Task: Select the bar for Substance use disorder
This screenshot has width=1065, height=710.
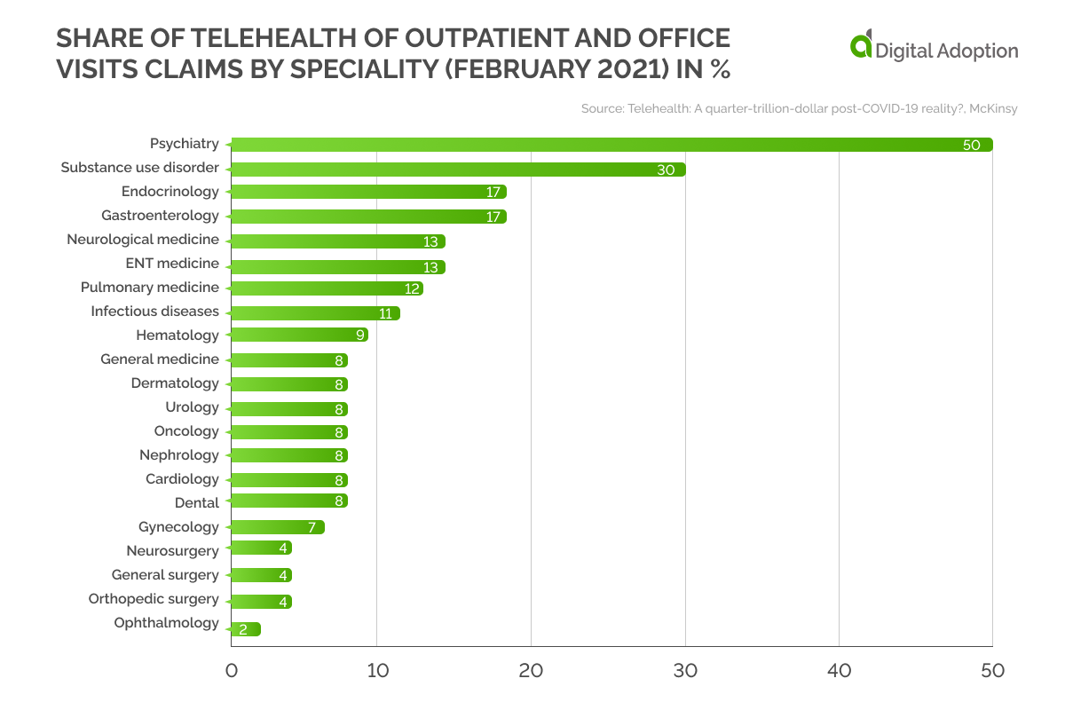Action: (x=457, y=169)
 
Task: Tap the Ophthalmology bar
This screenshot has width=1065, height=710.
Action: (x=245, y=629)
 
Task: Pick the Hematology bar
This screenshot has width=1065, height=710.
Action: (x=299, y=335)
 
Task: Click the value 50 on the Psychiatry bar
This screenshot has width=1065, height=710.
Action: (x=971, y=145)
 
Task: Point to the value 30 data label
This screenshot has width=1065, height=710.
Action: (x=666, y=170)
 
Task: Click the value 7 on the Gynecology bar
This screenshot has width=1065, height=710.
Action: (x=312, y=527)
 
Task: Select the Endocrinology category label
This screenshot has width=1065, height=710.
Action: (x=170, y=191)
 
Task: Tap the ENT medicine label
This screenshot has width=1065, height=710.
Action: (x=172, y=263)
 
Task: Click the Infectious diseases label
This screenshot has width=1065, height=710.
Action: (x=154, y=311)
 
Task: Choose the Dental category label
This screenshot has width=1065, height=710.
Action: (x=196, y=502)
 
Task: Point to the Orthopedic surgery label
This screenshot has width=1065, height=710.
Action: (x=154, y=598)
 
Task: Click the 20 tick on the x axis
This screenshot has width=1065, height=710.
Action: (x=531, y=671)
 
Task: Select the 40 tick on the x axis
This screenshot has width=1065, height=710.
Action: (x=839, y=671)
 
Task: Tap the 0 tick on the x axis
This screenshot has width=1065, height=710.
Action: (x=231, y=671)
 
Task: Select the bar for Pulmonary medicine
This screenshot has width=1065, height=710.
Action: (x=327, y=288)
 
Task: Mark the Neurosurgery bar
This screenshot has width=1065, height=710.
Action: (x=261, y=548)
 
